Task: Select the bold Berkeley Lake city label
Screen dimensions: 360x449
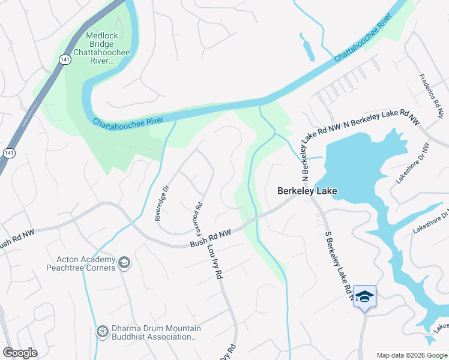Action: point(307,191)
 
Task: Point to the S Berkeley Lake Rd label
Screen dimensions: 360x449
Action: point(337,264)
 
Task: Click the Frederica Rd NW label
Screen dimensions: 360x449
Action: point(432,91)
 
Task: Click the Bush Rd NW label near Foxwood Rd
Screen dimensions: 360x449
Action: point(210,238)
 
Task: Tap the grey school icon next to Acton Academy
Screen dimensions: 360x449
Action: point(124,262)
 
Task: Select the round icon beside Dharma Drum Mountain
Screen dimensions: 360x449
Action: point(102,331)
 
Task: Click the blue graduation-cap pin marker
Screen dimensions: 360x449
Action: point(364,297)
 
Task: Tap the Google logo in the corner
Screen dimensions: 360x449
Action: point(20,353)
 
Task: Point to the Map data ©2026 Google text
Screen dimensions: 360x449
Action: point(411,355)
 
